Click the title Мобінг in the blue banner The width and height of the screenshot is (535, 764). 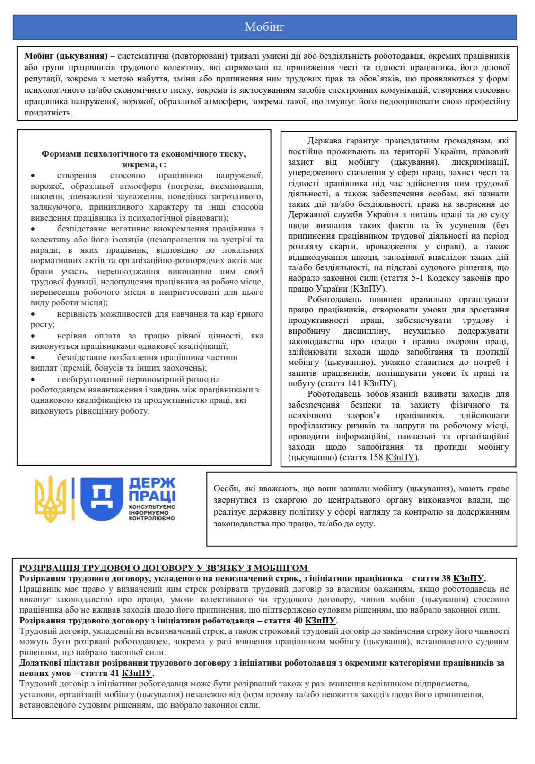pyautogui.click(x=264, y=27)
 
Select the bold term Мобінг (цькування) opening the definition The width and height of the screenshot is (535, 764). pyautogui.click(x=66, y=56)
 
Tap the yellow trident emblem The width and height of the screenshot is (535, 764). pyautogui.click(x=51, y=499)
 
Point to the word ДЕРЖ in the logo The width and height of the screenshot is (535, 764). pyautogui.click(x=152, y=483)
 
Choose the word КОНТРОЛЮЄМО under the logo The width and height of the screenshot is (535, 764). pyautogui.click(x=152, y=518)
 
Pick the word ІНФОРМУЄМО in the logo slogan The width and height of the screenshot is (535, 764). pyautogui.click(x=149, y=513)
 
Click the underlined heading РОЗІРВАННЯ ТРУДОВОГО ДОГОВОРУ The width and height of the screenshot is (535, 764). pyautogui.click(x=164, y=568)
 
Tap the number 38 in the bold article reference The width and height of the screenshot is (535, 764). pyautogui.click(x=446, y=578)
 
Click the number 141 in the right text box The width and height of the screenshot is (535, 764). pyautogui.click(x=354, y=383)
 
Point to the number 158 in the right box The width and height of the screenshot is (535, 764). pyautogui.click(x=377, y=457)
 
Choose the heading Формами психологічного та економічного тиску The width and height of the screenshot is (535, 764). pyautogui.click(x=143, y=154)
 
